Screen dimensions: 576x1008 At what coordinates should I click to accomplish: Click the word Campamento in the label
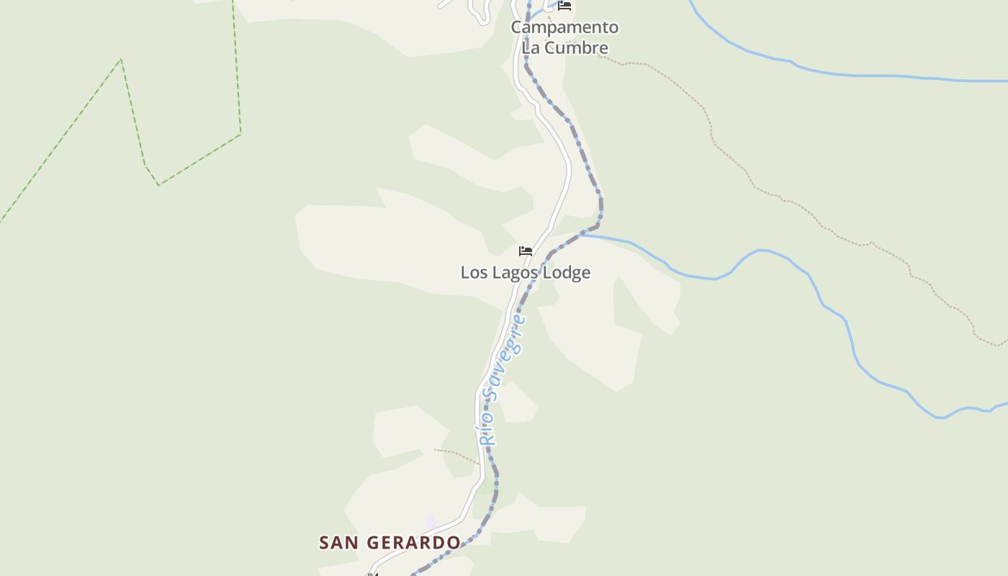point(564,27)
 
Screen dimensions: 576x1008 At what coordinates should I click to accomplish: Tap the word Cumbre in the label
point(576,48)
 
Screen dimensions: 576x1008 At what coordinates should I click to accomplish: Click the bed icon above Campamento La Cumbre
point(564,6)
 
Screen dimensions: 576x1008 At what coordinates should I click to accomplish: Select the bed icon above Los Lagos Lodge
point(526,251)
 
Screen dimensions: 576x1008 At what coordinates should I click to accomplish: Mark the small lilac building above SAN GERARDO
point(431,522)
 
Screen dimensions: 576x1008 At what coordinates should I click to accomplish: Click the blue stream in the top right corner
point(864,75)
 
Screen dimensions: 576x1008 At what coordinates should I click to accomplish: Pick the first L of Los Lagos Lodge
point(465,273)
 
